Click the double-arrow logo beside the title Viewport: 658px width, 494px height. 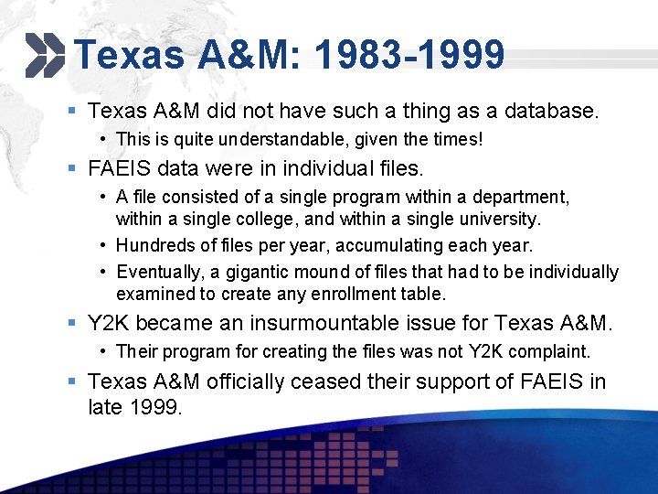pos(44,54)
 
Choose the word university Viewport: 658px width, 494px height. pos(498,220)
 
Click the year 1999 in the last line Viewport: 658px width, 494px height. pos(157,407)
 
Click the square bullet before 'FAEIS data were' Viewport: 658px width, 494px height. pos(70,168)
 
